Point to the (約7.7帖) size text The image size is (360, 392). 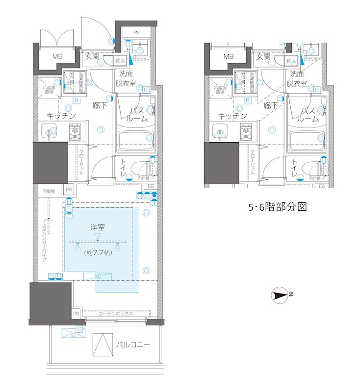click(98, 253)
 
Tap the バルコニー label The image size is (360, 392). click(133, 345)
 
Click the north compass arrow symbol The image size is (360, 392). click(281, 295)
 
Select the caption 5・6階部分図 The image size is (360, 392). click(277, 207)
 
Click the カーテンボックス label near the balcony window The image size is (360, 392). click(115, 314)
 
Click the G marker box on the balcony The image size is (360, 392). click(79, 329)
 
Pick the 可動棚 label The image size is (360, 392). click(49, 190)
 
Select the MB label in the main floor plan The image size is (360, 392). click(58, 56)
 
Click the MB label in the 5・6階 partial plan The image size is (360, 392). click(229, 56)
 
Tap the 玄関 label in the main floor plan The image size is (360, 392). click(92, 56)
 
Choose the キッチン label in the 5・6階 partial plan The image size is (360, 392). click(232, 116)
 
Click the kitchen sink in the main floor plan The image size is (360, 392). click(48, 131)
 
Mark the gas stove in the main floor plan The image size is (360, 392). click(76, 132)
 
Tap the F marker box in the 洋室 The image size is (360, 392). click(69, 208)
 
